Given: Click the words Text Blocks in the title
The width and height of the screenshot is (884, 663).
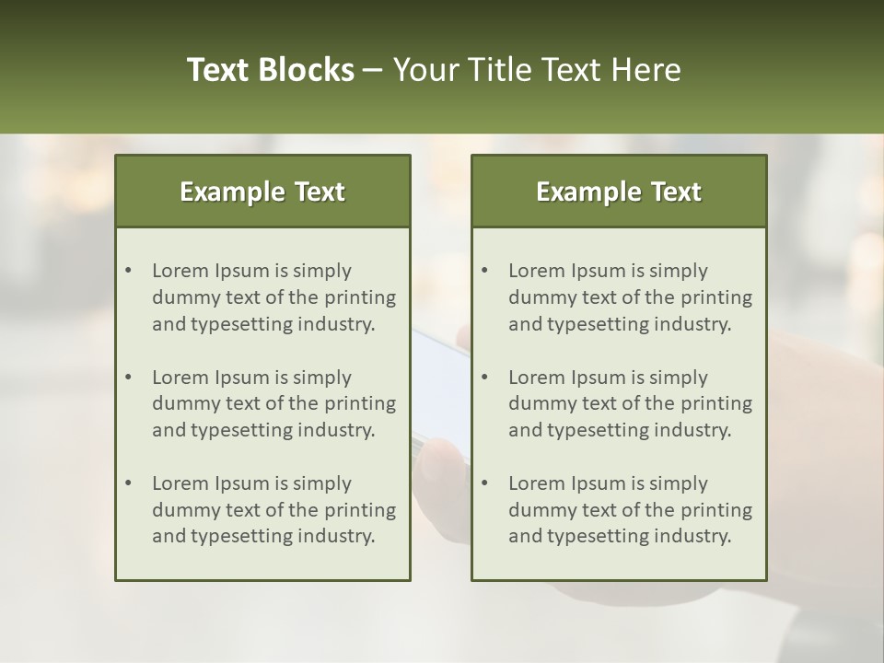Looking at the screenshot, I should pos(270,70).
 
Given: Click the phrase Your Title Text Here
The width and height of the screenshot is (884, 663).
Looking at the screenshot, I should pos(537,70).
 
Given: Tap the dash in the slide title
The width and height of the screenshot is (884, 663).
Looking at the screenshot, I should pos(373,71).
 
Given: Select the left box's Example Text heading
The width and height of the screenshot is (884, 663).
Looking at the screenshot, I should pos(262,192).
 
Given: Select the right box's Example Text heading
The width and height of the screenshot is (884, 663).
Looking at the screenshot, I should pos(619,192).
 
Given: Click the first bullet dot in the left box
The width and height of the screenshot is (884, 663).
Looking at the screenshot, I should pos(128,271).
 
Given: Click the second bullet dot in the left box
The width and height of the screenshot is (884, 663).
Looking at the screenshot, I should pos(128,378).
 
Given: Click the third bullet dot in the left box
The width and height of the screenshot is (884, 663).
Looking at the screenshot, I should pos(128,483).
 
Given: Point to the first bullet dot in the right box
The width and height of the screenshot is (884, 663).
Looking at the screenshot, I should pos(484,271).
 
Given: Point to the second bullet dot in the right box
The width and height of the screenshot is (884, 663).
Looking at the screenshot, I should pos(484,378).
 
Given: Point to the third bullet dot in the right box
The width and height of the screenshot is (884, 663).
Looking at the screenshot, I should pos(484,483).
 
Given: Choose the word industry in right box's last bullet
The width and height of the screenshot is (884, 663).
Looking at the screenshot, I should pos(691,536).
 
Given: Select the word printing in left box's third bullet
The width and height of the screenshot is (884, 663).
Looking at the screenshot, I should pos(359,509).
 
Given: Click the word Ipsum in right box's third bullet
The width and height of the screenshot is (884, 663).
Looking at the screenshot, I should pos(598,483).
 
